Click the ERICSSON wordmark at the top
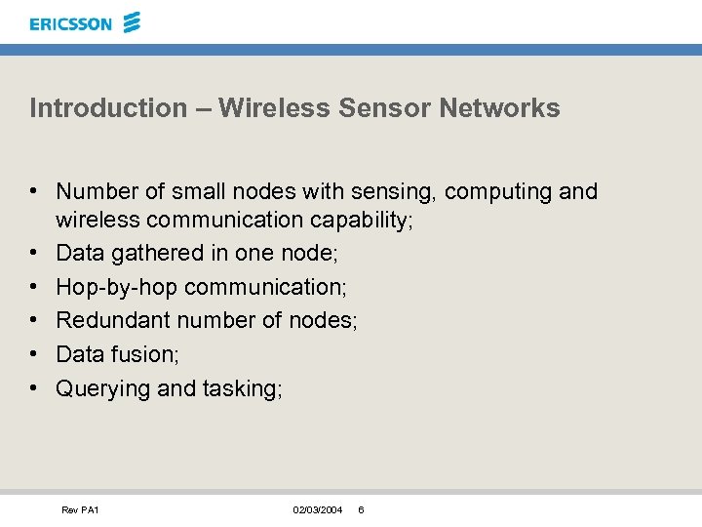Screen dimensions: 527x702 (71, 23)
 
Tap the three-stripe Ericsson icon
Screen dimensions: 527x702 (133, 21)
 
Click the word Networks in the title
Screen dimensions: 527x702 (499, 107)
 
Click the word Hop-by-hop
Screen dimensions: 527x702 (117, 287)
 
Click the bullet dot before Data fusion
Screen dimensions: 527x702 (34, 354)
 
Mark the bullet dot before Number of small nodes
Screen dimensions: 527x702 (34, 191)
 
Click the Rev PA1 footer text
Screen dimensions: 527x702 (80, 510)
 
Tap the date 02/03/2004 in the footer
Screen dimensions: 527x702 (317, 510)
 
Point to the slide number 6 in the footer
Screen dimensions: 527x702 (361, 510)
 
